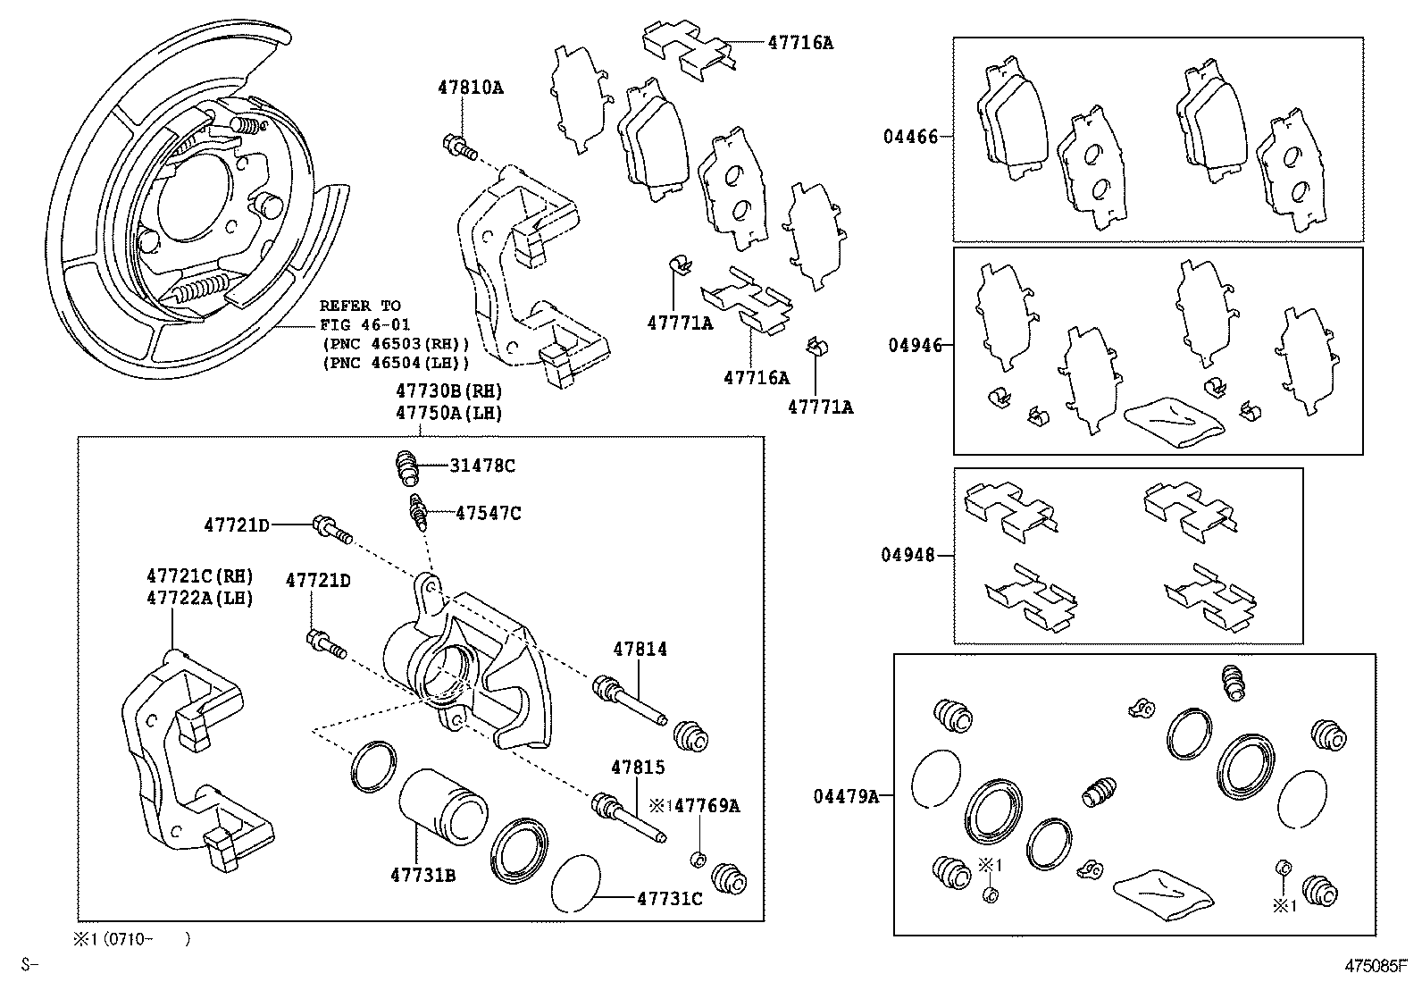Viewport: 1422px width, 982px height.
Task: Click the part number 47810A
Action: point(470,88)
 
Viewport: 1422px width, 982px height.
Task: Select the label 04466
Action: point(910,137)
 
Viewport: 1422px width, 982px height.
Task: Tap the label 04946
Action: point(915,345)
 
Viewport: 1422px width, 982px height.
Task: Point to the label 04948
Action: point(908,555)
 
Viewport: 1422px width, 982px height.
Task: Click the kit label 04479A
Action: point(845,795)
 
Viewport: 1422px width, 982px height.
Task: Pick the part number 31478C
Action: point(482,466)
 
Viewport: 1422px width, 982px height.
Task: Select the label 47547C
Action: point(488,513)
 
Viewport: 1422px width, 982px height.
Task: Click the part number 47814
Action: point(639,650)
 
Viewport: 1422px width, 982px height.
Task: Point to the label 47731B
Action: point(422,875)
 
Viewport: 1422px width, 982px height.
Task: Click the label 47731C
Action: point(669,898)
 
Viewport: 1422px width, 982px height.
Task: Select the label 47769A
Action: point(707,805)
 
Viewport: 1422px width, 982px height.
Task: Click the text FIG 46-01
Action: point(365,324)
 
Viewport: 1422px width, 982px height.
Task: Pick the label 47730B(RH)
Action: point(449,391)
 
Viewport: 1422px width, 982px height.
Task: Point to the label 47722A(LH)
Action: point(199,597)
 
